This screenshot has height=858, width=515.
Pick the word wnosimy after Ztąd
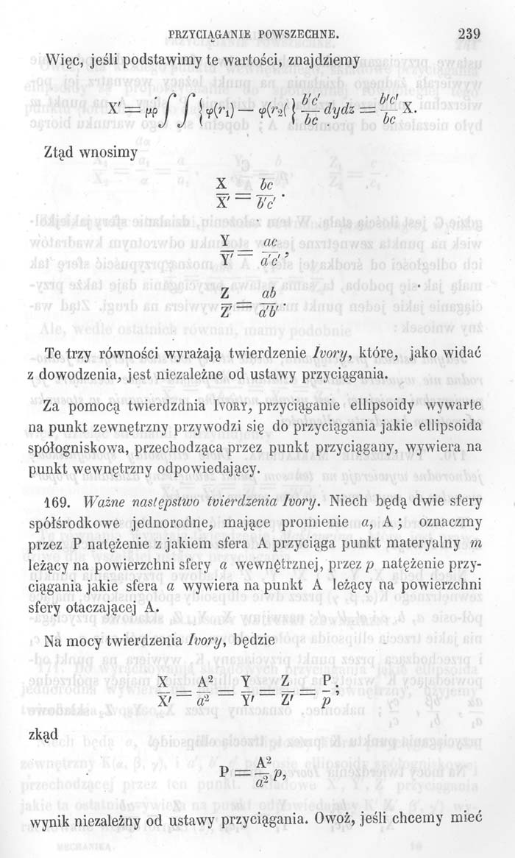(105, 152)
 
